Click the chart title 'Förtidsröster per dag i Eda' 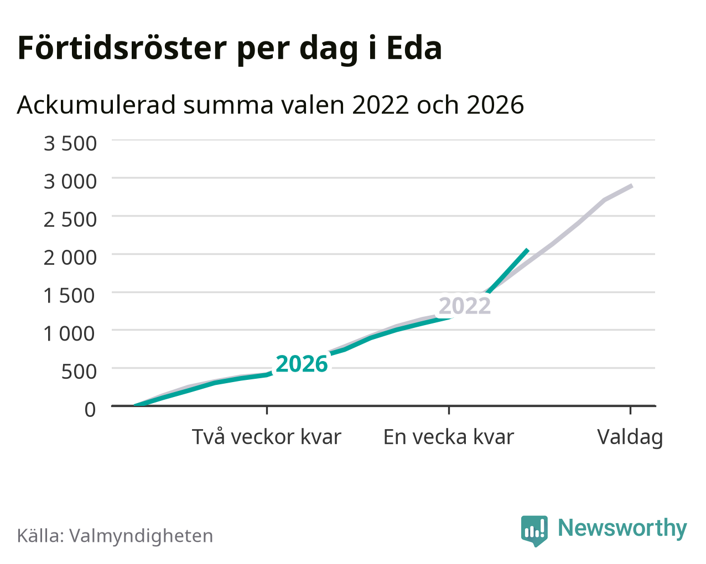tap(230, 49)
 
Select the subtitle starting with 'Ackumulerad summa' tap(271, 105)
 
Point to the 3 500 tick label tap(70, 143)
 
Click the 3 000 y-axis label tap(70, 181)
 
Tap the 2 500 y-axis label tap(70, 220)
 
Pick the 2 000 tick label tap(70, 258)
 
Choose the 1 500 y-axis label tap(70, 295)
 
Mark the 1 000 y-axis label tap(70, 333)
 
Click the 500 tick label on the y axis tap(79, 372)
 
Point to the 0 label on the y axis tap(90, 410)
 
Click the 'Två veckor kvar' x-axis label tap(267, 437)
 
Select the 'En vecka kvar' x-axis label tap(449, 437)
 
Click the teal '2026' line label tap(302, 364)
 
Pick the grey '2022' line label tap(465, 306)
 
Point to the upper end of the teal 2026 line tap(528, 249)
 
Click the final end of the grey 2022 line tap(632, 186)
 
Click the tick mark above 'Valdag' tap(630, 410)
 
